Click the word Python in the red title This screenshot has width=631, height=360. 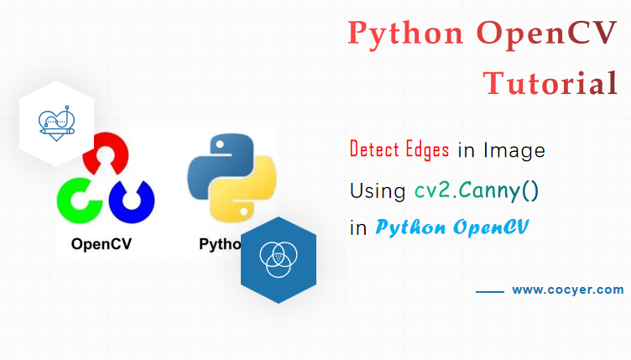[x=405, y=34]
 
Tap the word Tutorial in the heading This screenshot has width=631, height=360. [x=550, y=83]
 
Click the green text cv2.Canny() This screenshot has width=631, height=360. [x=477, y=190]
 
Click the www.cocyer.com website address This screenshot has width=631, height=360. [x=568, y=290]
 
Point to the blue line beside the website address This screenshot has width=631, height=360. [x=489, y=291]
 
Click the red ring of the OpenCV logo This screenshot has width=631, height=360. [x=107, y=154]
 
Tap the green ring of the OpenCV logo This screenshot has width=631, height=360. [x=77, y=200]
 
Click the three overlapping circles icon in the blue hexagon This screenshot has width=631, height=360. [x=278, y=259]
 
